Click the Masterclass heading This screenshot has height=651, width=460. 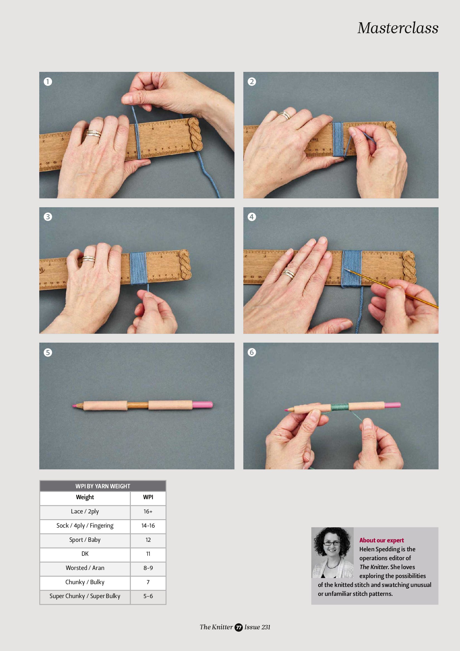pos(398,28)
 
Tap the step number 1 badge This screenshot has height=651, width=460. pos(48,82)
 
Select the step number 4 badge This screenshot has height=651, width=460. pos(252,217)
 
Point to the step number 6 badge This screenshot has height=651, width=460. pos(252,352)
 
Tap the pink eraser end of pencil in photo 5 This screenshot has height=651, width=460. pos(203,404)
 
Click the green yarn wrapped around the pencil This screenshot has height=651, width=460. pos(339,407)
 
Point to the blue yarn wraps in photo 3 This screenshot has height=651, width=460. pos(138,268)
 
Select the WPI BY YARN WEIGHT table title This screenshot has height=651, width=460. pos(102,486)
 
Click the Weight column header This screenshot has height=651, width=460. pos(85,497)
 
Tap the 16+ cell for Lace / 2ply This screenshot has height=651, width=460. pos(148,511)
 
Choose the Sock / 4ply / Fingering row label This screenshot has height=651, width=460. pos(85,525)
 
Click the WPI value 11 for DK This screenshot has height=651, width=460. pos(148,554)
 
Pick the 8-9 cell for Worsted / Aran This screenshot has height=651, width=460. pos(148,568)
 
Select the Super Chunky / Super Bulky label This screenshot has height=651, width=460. pos(85,596)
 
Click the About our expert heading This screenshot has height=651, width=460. pos(381,540)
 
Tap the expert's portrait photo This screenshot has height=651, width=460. pos(332,552)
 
